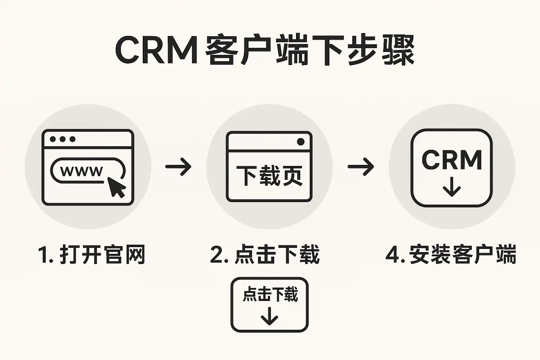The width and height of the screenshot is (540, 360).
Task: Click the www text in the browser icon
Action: pos(82,171)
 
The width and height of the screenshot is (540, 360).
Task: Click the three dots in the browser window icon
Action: pos(63,139)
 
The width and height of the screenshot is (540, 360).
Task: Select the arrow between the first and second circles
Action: pos(178,166)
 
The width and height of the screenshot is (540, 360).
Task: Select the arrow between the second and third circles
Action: pos(361,166)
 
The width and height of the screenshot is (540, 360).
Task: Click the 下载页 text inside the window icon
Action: pos(269,175)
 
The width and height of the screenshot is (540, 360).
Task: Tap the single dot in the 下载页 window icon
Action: pos(301,142)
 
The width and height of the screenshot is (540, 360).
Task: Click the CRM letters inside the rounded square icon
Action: pos(452,160)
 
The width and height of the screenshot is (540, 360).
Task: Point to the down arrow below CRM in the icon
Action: pos(452,187)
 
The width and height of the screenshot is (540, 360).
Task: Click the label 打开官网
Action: pos(102,254)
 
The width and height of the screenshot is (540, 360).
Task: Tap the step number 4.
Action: pos(392,254)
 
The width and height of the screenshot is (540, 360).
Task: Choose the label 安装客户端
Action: pos(463,254)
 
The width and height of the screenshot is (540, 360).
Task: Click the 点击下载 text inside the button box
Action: pos(270,294)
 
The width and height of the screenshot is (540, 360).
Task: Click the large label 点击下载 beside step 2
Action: pos(277,254)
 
